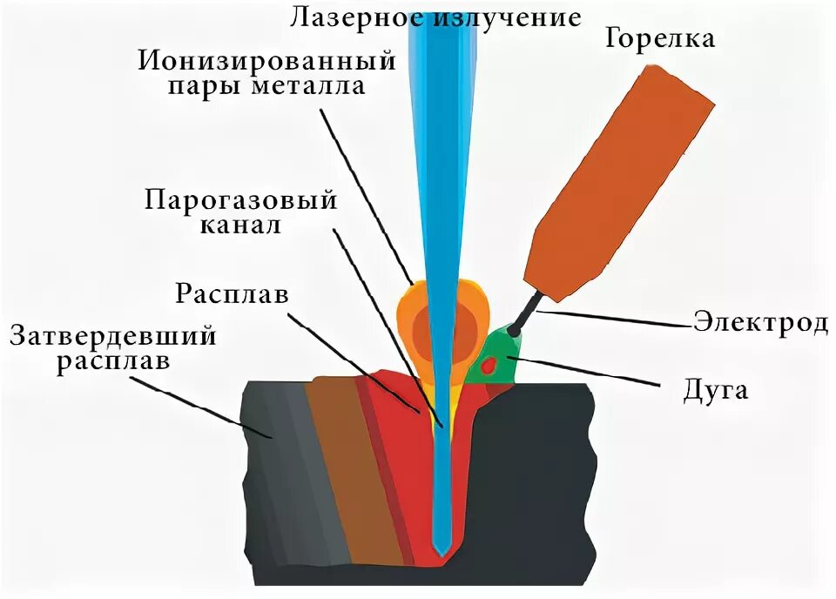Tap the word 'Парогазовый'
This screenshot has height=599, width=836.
[x=240, y=201]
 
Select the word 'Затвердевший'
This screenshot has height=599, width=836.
[x=113, y=335]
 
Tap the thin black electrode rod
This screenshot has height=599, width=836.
[x=526, y=313]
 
